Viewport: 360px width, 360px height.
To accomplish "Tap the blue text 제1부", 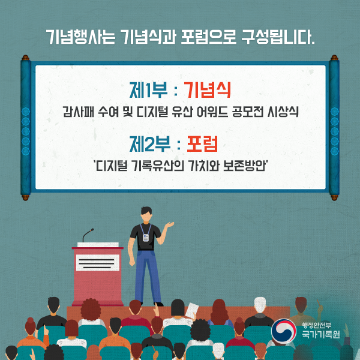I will [148, 91].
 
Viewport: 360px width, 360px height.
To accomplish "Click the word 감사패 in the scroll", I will [77, 112].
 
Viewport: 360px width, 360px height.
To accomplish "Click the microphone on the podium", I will [88, 232].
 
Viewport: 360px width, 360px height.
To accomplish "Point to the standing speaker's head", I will [147, 211].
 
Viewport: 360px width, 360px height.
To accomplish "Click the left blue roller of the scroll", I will [26, 127].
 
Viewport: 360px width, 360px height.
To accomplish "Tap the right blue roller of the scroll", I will [334, 127].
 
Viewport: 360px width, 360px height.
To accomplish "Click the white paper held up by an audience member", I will [191, 310].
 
